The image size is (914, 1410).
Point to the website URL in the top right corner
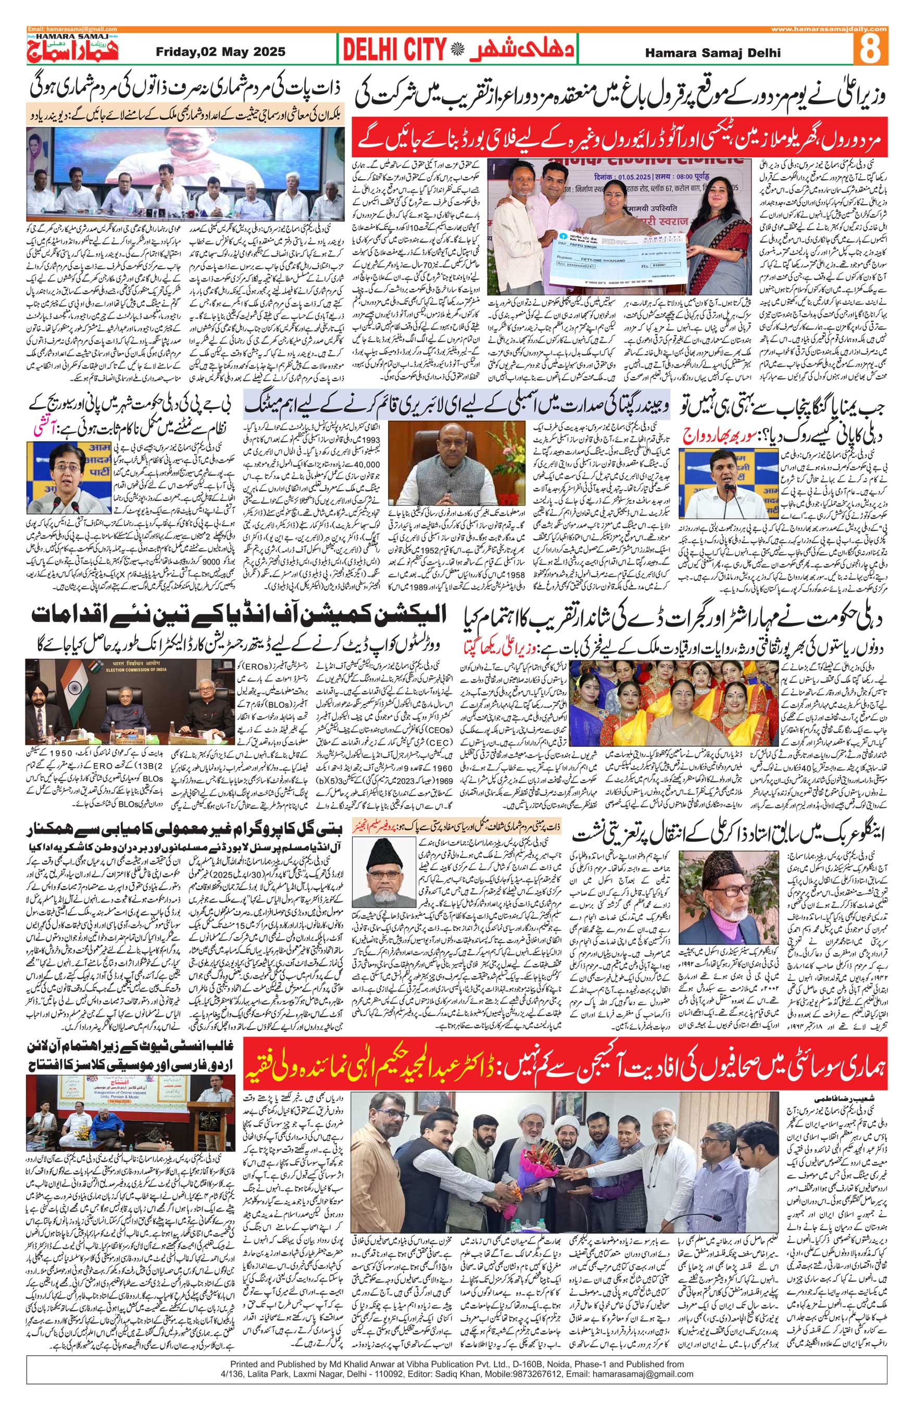pos(829,29)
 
